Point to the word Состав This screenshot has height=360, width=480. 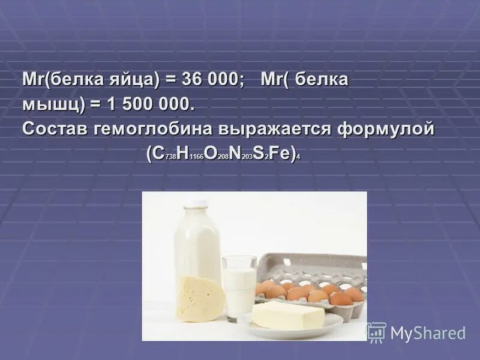(56, 129)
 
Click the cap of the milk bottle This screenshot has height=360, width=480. (195, 205)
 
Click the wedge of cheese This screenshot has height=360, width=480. (199, 296)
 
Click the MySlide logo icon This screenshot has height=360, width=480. (376, 332)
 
